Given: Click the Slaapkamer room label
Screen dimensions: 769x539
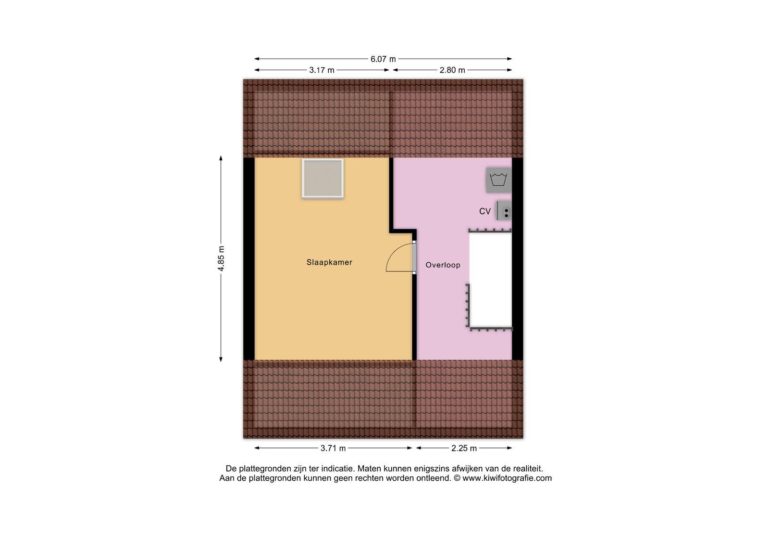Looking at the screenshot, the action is pos(329,262).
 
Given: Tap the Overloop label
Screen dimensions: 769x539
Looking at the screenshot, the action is pos(443,265).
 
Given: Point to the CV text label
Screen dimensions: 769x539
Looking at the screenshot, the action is pos(485,211).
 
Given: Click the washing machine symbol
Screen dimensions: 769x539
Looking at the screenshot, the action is pos(498,180).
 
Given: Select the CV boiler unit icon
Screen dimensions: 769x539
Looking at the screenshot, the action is pos(504,210).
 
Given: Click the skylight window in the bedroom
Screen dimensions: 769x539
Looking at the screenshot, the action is pos(322,179).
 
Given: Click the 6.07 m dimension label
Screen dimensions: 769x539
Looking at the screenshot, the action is pos(383,59).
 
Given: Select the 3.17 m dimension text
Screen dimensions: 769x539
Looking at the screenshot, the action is pos(322,70).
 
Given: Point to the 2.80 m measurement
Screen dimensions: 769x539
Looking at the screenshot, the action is pos(452,70).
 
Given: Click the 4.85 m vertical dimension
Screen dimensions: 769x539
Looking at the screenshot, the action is pos(221,258).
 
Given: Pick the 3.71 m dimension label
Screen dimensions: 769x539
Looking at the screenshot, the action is pos(333,448).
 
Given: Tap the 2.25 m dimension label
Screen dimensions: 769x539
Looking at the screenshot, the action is pos(464,448).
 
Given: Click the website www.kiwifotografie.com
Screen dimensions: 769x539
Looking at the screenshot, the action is pos(507,478).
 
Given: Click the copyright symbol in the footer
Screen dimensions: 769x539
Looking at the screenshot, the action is pos(457,478).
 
